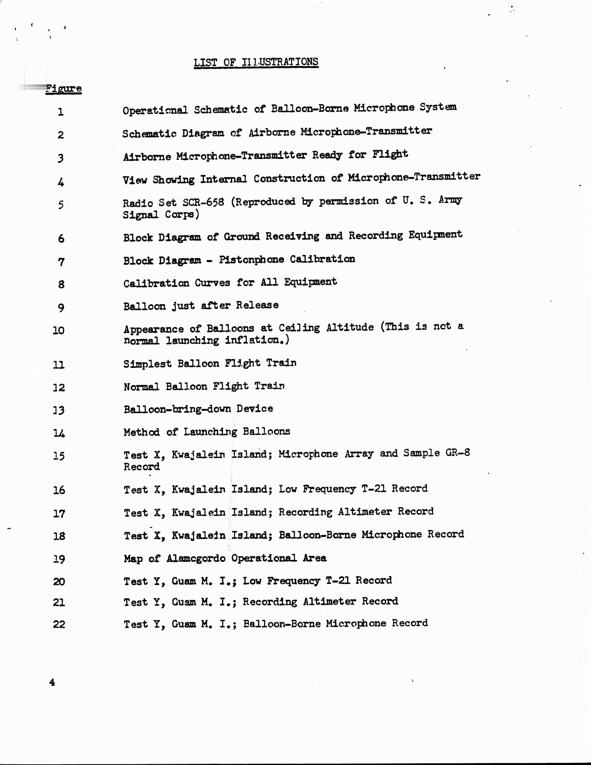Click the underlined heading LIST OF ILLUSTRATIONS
(256, 62)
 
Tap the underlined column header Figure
(64, 88)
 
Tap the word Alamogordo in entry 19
(196, 558)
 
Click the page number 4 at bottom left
(52, 682)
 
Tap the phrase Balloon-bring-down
(177, 409)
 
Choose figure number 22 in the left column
(59, 624)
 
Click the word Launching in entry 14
(210, 432)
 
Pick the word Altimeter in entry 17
(365, 512)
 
